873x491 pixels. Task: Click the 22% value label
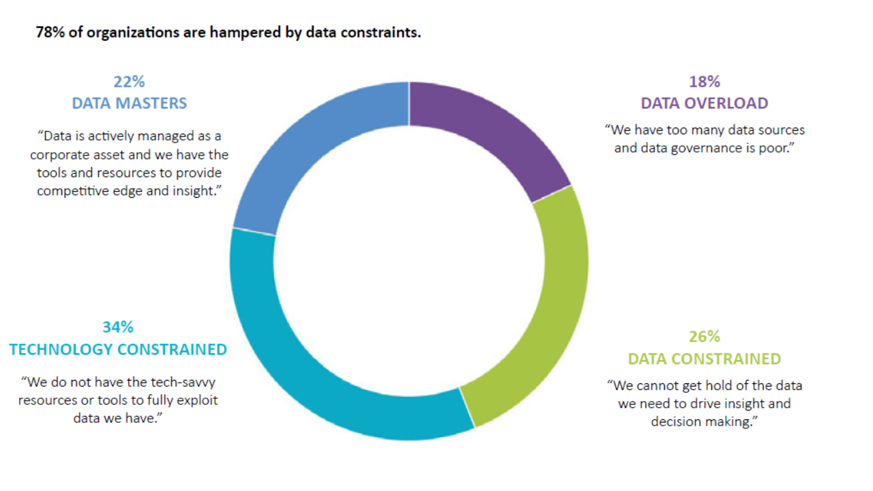tap(130, 82)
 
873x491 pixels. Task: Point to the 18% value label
tap(705, 82)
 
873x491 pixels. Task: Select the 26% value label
tap(705, 337)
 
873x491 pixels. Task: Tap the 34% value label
tap(118, 327)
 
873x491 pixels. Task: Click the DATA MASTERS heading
tap(130, 104)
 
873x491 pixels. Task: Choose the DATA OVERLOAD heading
tap(705, 104)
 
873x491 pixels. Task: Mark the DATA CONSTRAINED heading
tap(705, 359)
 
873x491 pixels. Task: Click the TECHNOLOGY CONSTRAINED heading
tap(118, 349)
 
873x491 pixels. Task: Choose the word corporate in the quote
tap(61, 155)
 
